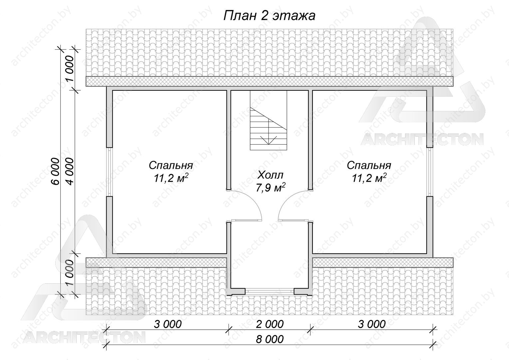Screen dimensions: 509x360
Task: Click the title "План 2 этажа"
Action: pos(269,16)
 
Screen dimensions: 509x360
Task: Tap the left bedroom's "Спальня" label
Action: pos(171,165)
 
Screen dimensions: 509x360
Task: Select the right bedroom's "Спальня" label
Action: pos(369,165)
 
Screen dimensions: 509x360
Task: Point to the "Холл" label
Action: pos(270,175)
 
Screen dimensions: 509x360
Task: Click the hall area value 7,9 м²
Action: pos(270,188)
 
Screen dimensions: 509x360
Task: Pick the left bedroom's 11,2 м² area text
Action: pos(171,178)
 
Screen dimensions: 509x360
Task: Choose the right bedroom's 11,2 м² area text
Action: pos(369,178)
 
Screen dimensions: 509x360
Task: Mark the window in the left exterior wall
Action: pos(110,172)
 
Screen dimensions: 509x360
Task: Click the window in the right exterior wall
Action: pos(430,172)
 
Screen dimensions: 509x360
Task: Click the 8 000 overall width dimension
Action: pos(270,340)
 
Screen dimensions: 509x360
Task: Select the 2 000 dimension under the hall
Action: pos(270,324)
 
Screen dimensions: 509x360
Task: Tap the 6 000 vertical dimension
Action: pos(55,172)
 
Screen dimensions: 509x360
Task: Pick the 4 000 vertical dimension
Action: pos(70,172)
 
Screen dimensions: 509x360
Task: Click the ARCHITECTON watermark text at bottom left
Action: pos(85,337)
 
